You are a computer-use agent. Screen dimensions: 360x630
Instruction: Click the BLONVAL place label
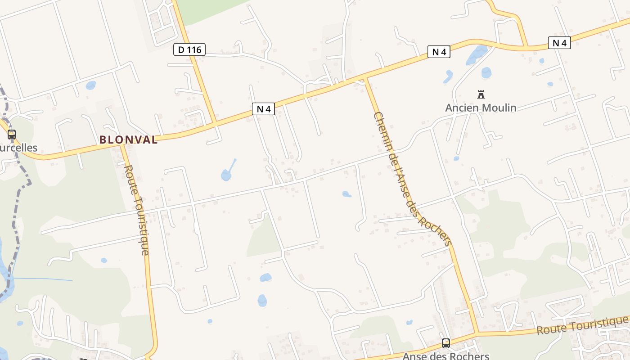click(x=129, y=139)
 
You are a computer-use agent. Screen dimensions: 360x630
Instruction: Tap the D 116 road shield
click(x=189, y=49)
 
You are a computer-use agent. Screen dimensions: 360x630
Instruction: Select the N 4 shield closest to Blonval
click(x=263, y=108)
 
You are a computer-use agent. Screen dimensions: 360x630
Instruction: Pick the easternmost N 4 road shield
click(x=559, y=43)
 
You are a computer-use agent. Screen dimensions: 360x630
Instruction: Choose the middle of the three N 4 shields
click(x=439, y=52)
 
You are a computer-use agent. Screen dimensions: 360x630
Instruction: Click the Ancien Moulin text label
click(x=481, y=108)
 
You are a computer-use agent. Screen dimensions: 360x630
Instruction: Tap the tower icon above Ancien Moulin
click(x=481, y=94)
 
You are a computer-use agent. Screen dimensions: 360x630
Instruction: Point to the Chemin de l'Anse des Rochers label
click(x=412, y=179)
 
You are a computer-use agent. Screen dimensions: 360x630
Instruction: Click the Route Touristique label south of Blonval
click(x=136, y=210)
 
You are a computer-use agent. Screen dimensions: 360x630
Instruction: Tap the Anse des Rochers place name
click(x=445, y=355)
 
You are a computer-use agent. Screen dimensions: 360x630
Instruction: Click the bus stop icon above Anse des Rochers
click(x=446, y=343)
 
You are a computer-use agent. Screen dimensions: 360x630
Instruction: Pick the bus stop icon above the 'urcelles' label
click(x=12, y=134)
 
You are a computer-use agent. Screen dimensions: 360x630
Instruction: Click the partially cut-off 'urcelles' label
click(x=18, y=148)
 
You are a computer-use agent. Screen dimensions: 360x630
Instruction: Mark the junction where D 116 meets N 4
click(x=215, y=123)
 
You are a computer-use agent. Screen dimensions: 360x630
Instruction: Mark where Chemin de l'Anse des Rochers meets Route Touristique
click(x=476, y=333)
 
